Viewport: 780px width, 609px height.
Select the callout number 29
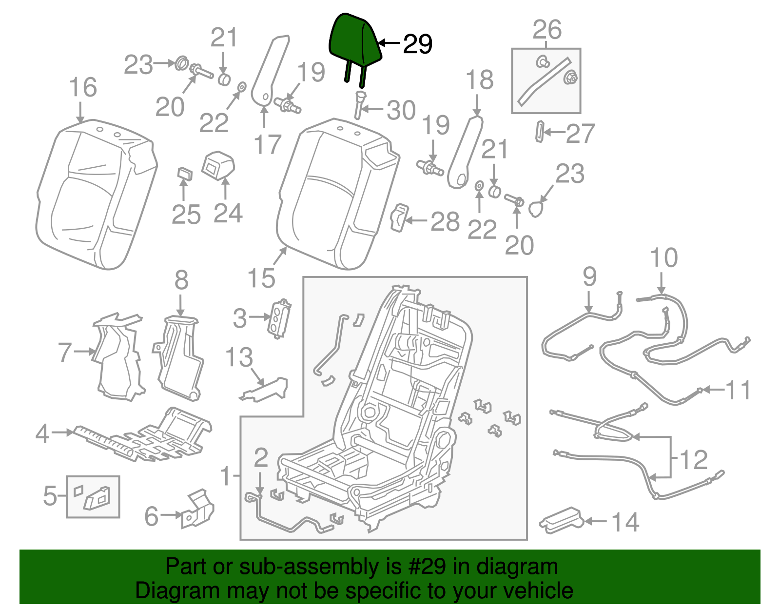[418, 44]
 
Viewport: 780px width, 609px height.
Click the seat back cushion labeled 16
[95, 195]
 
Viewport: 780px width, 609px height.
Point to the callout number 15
[261, 278]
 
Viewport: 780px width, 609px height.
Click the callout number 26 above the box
[547, 30]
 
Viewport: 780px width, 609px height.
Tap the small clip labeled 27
[540, 132]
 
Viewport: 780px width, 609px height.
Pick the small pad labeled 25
[184, 174]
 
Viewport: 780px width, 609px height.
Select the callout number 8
[181, 280]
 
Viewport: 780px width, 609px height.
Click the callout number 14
[625, 522]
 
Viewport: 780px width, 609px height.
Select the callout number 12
[693, 459]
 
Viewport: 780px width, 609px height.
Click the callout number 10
[664, 257]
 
